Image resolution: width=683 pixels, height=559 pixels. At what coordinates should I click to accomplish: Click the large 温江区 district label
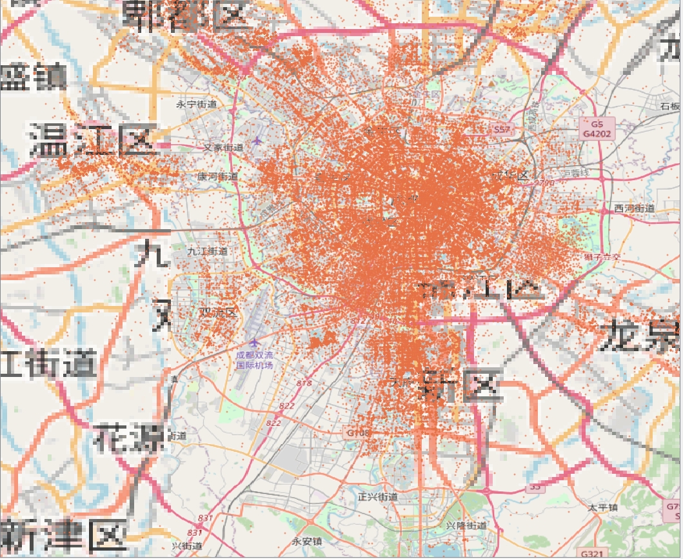point(92,139)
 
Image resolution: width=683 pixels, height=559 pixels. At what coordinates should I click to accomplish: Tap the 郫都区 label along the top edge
point(188,14)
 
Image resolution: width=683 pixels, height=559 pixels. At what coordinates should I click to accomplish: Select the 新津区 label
point(63,536)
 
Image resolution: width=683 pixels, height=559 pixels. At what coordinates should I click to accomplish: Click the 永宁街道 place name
point(197,104)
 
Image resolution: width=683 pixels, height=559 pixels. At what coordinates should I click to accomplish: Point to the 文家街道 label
point(224,147)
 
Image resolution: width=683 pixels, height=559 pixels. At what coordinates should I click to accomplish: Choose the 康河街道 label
point(217,176)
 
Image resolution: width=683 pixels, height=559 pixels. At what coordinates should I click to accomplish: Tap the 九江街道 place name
point(207,251)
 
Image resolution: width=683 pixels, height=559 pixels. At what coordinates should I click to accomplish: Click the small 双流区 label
point(217,312)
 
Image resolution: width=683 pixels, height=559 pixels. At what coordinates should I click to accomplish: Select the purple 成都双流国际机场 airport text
point(254,360)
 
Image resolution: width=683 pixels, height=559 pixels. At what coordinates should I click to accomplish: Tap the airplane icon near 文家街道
point(258,140)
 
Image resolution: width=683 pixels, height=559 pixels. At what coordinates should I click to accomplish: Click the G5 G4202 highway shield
point(597,129)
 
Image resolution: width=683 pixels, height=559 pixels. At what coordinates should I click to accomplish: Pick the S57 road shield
point(501,130)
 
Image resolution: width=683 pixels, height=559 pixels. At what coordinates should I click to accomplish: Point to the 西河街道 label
point(634,208)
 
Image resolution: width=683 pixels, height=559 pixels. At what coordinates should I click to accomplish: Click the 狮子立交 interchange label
point(602,257)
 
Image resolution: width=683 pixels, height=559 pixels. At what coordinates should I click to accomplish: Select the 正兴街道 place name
point(377,497)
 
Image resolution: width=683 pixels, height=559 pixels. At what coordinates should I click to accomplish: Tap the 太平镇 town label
point(602,507)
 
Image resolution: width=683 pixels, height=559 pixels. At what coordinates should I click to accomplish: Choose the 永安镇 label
point(307,541)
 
